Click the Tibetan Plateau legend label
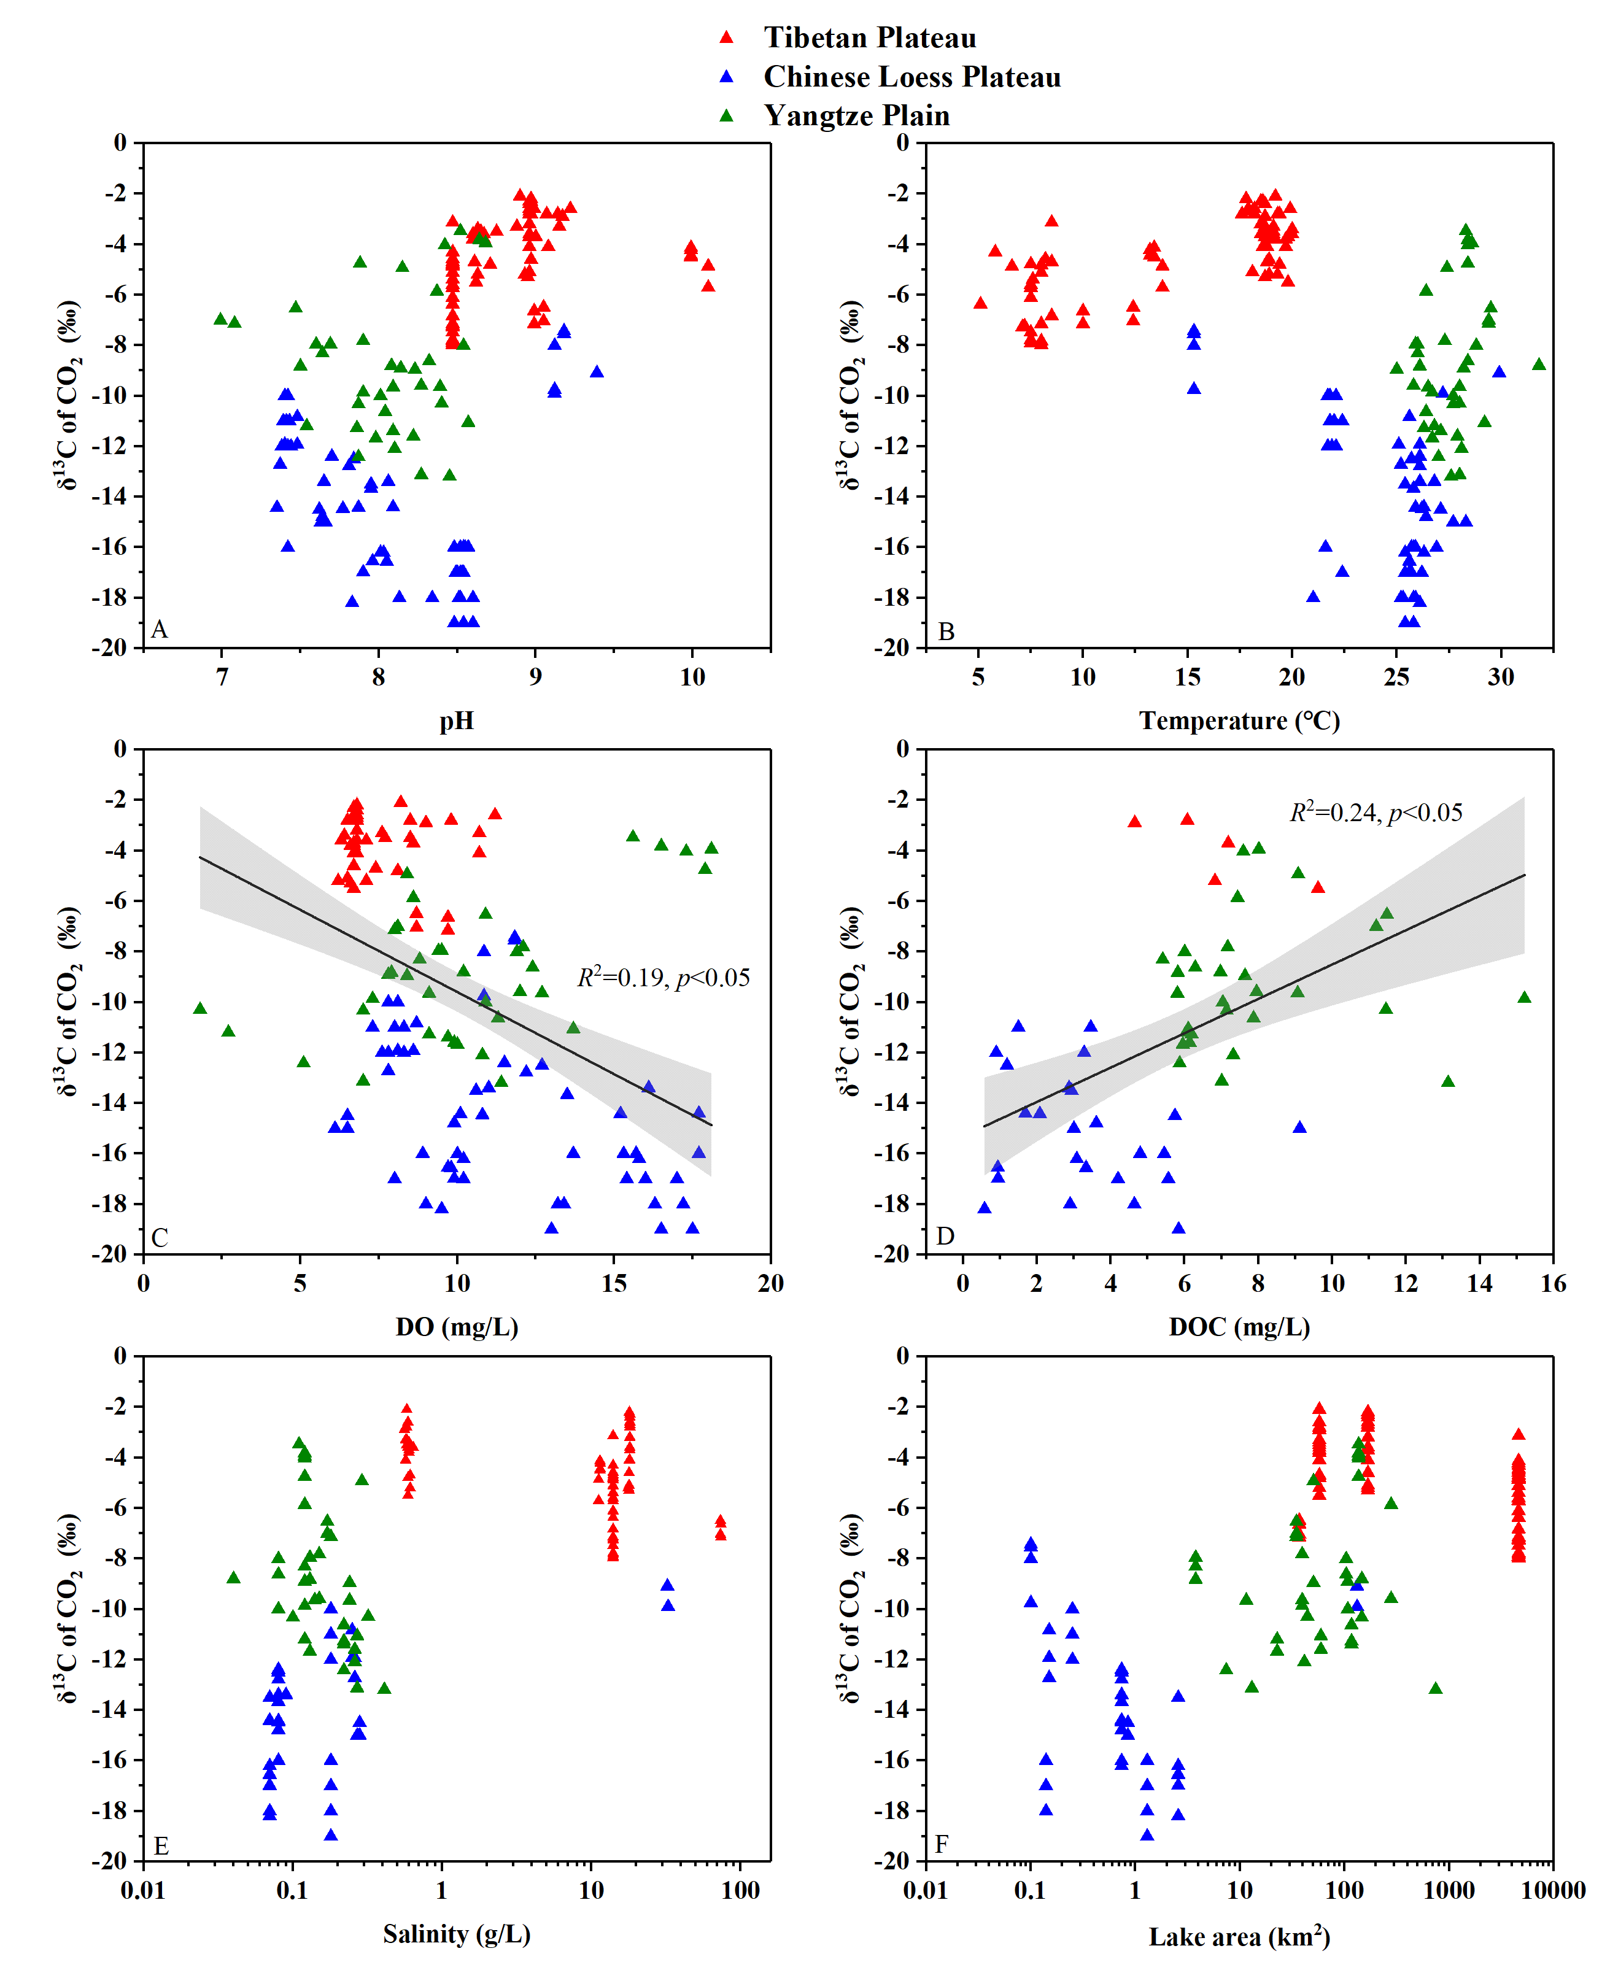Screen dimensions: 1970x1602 coord(869,38)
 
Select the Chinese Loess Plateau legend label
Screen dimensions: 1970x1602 coord(911,77)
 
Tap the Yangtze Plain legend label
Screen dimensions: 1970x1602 coord(856,115)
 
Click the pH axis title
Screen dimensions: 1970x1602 coord(456,720)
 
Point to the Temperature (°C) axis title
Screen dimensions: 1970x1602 coord(1239,720)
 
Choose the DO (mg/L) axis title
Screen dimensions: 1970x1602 coord(456,1327)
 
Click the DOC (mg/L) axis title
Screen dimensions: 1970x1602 coord(1239,1327)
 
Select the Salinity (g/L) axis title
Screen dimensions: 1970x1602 coord(456,1934)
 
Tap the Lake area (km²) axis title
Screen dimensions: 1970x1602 coord(1239,1936)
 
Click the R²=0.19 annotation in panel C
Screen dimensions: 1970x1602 coord(664,978)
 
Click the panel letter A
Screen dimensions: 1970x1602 coord(160,630)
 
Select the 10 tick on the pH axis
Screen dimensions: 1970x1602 coord(692,678)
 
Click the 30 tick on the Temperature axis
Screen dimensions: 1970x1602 coord(1501,678)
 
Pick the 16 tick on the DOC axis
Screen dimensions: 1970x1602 coord(1552,1283)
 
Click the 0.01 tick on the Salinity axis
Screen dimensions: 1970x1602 coord(143,1891)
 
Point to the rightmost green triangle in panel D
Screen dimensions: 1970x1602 coord(1523,997)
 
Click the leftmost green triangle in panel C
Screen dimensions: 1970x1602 coord(199,1008)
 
